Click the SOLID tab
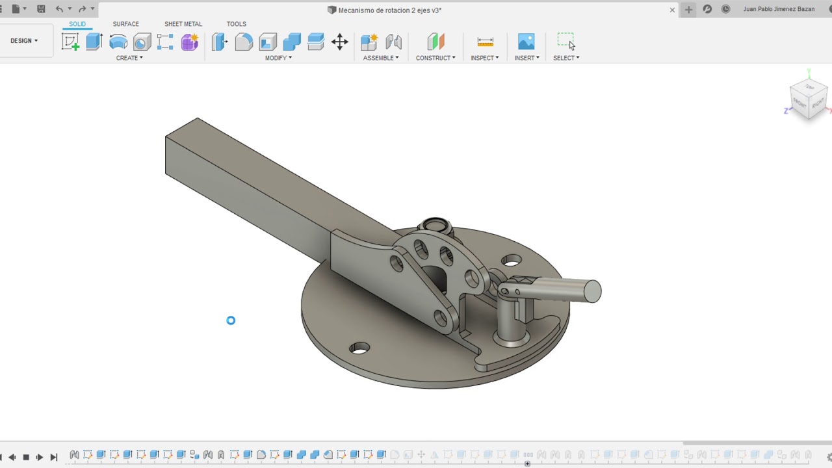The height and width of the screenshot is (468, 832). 77,24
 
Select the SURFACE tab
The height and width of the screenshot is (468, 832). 125,24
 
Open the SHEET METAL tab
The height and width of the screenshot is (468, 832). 183,24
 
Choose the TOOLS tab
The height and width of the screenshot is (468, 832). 236,24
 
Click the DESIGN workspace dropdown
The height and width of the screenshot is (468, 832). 24,41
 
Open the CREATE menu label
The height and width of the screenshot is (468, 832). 129,58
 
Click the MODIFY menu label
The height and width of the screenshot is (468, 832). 278,58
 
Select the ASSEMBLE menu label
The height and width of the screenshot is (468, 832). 380,58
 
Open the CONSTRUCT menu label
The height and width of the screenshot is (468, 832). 435,58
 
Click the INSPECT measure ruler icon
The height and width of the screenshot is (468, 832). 485,42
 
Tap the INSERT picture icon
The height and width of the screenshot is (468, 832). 526,42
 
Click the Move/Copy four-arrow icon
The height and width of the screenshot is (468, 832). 339,42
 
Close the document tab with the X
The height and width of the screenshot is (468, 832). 672,10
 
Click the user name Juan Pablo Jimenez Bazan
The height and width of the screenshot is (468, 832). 779,10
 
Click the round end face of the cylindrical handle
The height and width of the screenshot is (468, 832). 592,291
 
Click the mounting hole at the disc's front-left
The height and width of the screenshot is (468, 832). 359,348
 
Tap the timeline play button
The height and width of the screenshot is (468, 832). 40,457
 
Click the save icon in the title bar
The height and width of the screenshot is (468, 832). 41,9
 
